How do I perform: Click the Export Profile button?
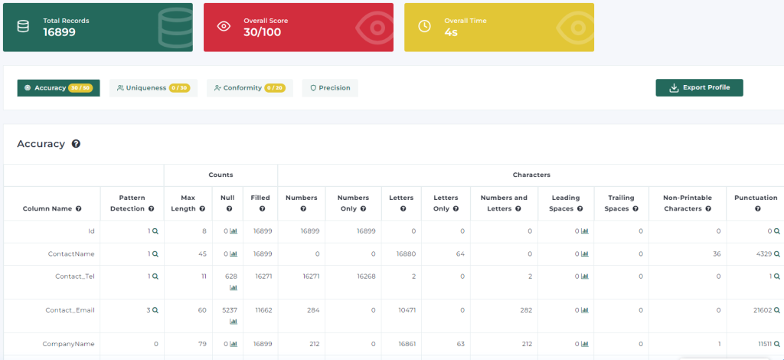699,87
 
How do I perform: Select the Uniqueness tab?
153,88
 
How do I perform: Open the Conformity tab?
250,88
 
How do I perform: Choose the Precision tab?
330,88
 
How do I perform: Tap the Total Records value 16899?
59,32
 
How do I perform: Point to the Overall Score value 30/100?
263,32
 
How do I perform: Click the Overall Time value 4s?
451,32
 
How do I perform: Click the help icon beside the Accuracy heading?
76,144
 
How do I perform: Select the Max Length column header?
188,203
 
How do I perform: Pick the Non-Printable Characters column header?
688,203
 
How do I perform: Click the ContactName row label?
71,254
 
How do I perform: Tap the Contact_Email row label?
70,310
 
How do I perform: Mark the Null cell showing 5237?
229,310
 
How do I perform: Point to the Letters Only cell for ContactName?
460,254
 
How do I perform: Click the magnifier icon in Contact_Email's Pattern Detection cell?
155,310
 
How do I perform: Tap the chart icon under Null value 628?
234,287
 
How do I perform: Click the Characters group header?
531,175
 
